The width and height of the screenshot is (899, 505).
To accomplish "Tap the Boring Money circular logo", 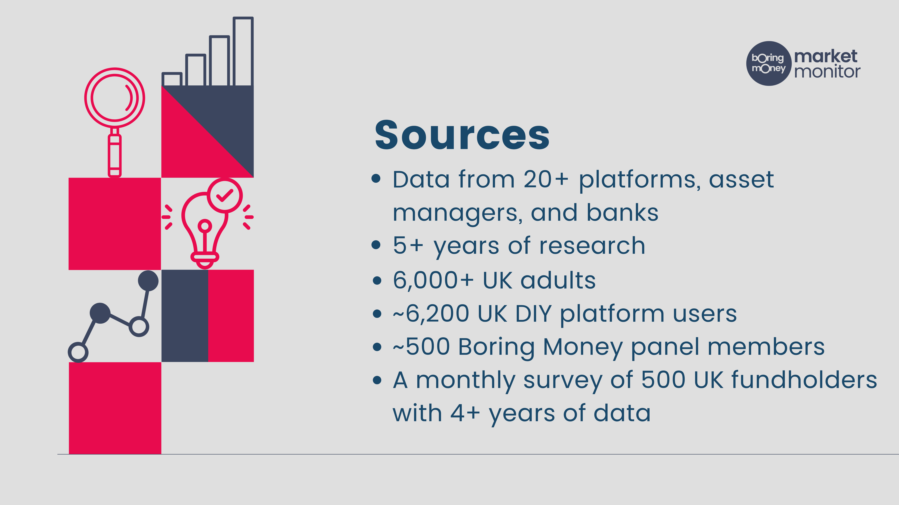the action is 768,63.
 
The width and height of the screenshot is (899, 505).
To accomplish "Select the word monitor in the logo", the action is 827,71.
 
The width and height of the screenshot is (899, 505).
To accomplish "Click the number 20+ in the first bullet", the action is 546,180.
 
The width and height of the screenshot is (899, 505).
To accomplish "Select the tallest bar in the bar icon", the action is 243,51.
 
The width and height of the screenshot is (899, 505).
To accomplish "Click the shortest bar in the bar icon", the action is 172,79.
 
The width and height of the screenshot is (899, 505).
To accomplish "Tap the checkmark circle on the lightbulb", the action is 225,195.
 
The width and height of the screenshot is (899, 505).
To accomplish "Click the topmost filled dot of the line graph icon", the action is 148,281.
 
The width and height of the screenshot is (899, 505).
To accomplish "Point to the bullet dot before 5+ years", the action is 376,245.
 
